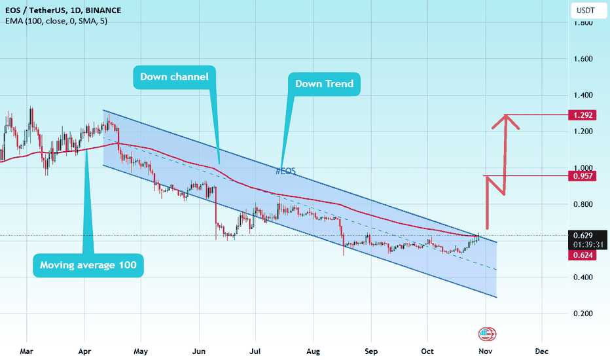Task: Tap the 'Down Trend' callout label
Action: click(x=324, y=83)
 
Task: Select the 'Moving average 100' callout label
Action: click(x=88, y=265)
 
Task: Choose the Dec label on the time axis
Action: click(x=541, y=351)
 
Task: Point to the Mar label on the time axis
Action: click(x=26, y=351)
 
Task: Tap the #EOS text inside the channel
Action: click(x=285, y=171)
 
